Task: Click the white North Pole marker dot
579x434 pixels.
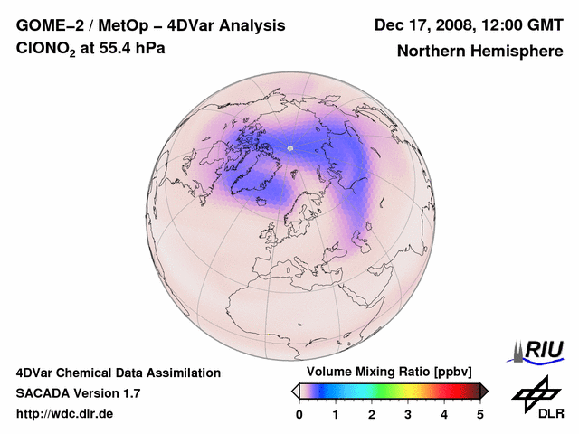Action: [x=290, y=147]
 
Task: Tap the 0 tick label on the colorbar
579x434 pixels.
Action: [x=299, y=414]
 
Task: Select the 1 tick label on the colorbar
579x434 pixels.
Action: [x=336, y=414]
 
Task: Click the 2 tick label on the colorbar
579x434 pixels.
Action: [x=372, y=414]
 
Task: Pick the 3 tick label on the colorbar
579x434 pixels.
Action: [x=408, y=414]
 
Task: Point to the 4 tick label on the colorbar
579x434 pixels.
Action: [x=444, y=414]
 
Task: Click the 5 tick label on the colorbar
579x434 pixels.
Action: [x=480, y=414]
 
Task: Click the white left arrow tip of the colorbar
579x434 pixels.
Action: [x=295, y=391]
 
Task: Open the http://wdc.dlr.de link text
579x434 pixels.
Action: [x=65, y=414]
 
